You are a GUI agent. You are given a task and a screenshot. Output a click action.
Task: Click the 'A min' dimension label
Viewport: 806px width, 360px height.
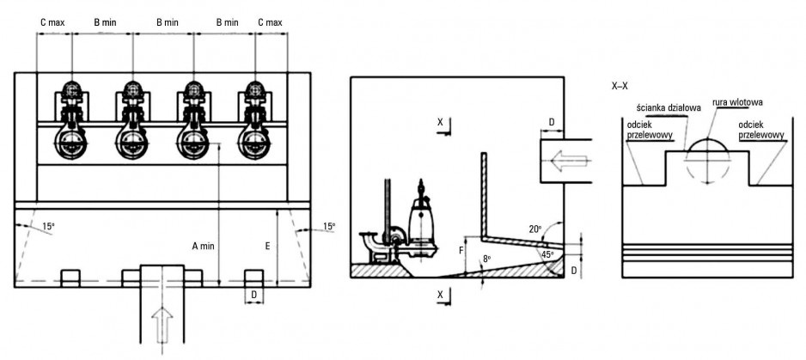pos(203,247)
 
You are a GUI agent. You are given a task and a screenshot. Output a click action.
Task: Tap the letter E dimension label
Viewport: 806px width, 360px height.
pos(268,247)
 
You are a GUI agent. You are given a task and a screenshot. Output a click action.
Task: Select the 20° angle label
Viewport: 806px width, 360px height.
pos(535,229)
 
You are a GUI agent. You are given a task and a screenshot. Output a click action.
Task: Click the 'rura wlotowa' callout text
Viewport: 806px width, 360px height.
pos(737,102)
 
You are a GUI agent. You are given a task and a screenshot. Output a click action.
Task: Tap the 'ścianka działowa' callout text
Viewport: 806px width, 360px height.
pos(661,107)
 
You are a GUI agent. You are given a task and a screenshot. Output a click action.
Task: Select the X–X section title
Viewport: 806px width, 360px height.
pos(620,87)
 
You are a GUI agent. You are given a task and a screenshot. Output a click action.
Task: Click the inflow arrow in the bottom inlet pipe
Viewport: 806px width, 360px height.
pos(162,324)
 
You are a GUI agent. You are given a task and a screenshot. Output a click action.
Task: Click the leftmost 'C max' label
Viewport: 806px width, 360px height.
pos(52,22)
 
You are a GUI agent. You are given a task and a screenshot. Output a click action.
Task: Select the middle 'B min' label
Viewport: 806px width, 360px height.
pos(168,22)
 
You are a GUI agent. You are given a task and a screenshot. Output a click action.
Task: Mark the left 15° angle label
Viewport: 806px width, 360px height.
pos(48,226)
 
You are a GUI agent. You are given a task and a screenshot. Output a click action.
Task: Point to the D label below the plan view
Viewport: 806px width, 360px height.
pos(253,295)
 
